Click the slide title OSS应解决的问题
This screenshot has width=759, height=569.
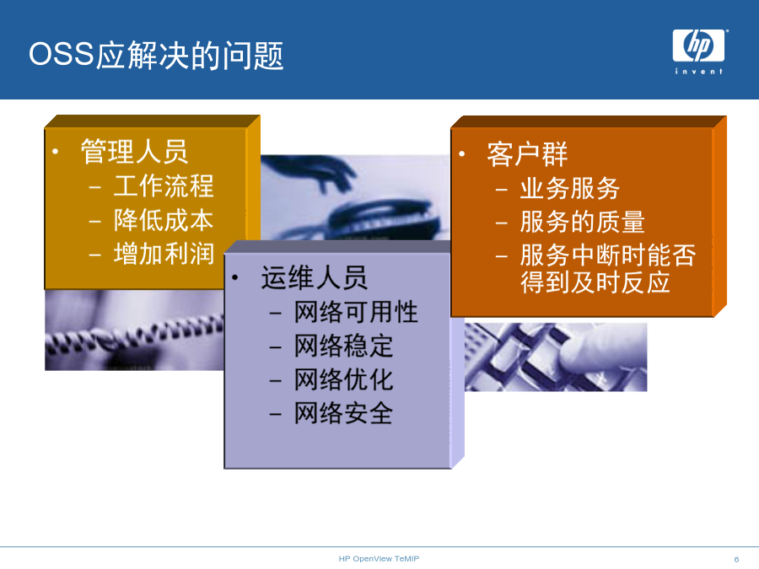click(x=156, y=55)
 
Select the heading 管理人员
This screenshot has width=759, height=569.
click(x=134, y=152)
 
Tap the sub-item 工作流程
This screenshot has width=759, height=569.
click(x=164, y=185)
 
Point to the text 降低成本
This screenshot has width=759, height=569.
click(x=164, y=220)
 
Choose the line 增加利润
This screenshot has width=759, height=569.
click(x=164, y=254)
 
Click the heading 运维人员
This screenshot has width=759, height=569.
click(x=315, y=277)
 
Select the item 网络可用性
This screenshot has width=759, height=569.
click(x=356, y=312)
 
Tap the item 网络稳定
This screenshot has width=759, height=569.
click(x=344, y=346)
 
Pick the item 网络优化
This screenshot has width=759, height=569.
click(x=344, y=380)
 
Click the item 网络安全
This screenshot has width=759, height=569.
click(x=344, y=414)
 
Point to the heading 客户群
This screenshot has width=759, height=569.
click(x=527, y=154)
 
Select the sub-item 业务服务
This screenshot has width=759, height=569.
click(x=570, y=188)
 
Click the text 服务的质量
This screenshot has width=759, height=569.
click(x=582, y=222)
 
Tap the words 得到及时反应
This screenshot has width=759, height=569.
click(x=595, y=282)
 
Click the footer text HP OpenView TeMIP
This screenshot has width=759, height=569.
click(x=379, y=559)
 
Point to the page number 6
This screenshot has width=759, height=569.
click(x=737, y=560)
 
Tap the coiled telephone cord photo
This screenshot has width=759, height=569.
click(x=134, y=330)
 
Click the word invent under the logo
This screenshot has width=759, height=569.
click(x=698, y=72)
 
